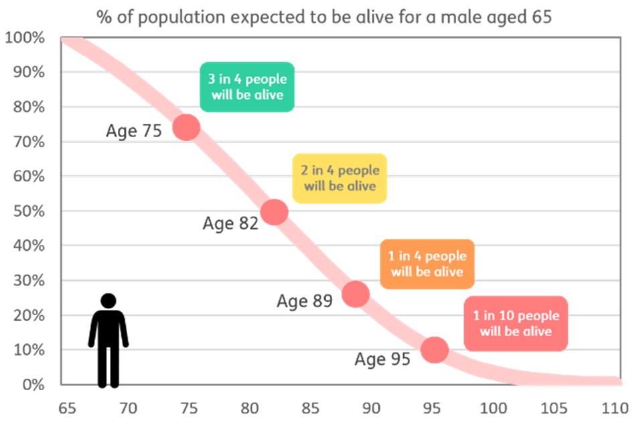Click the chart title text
click(324, 17)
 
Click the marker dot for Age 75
click(186, 127)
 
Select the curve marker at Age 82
click(274, 212)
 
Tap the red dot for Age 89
click(356, 294)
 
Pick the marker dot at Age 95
click(434, 349)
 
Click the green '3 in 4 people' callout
click(248, 87)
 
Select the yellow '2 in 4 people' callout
click(340, 179)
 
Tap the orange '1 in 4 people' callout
click(427, 264)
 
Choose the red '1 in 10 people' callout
click(516, 323)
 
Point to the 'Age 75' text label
click(134, 130)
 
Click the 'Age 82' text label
click(230, 224)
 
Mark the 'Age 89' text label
click(305, 302)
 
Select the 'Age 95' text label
click(382, 360)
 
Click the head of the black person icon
click(108, 301)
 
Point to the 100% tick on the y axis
click(25, 38)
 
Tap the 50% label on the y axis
click(28, 211)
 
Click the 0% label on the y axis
click(31, 385)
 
